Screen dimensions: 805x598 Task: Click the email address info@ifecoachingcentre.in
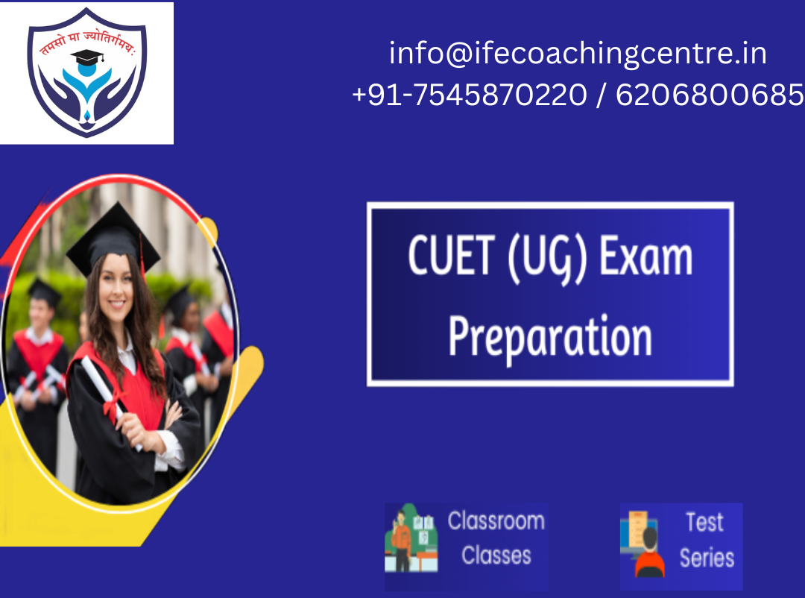tap(578, 54)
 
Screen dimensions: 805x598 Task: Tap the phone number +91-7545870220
tap(470, 95)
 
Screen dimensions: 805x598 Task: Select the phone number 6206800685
tap(710, 95)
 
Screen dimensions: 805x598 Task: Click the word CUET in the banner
tap(452, 255)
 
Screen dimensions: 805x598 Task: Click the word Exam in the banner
tap(645, 255)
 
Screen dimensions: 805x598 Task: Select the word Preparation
tap(550, 338)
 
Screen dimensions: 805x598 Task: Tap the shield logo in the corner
tap(86, 72)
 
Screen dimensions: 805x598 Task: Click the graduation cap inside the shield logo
tap(87, 57)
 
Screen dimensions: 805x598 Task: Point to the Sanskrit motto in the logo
tap(87, 40)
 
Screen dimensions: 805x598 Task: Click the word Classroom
tap(496, 521)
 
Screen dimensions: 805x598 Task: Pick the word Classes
tap(496, 555)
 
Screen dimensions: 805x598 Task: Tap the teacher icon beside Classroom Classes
tap(411, 538)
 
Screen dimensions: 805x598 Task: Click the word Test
tap(705, 523)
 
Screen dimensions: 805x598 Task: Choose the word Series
tap(707, 558)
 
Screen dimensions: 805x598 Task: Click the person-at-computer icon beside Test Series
tap(642, 544)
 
